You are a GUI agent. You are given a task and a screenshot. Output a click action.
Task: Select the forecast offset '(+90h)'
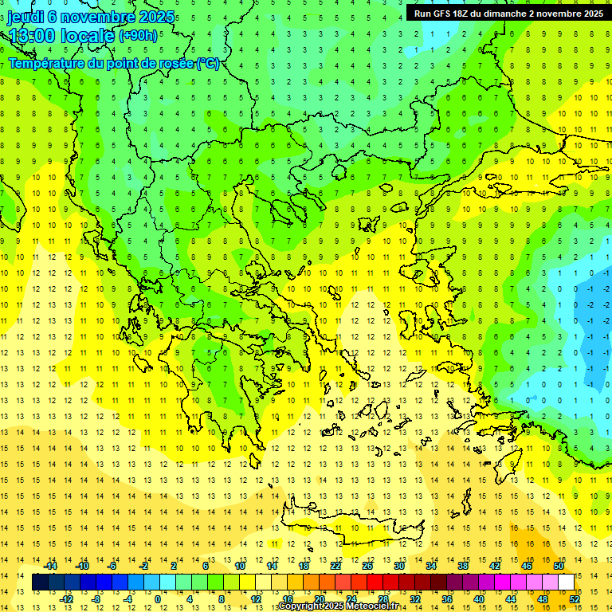click(x=137, y=35)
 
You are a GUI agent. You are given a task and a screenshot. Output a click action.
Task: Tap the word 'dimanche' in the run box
click(x=503, y=14)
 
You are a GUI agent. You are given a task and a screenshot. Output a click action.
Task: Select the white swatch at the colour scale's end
click(x=567, y=583)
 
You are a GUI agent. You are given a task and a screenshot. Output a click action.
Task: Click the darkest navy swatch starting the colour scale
click(x=40, y=583)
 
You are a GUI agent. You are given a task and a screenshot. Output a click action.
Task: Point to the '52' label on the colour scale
click(x=575, y=598)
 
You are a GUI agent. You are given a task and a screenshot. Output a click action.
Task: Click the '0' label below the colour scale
click(x=158, y=598)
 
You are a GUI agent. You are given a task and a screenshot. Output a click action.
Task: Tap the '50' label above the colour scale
click(x=559, y=566)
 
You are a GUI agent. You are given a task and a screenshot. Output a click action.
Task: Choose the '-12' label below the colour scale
click(x=66, y=598)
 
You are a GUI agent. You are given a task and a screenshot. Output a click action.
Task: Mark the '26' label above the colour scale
click(x=367, y=566)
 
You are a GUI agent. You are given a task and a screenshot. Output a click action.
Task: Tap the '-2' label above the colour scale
click(x=144, y=566)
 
